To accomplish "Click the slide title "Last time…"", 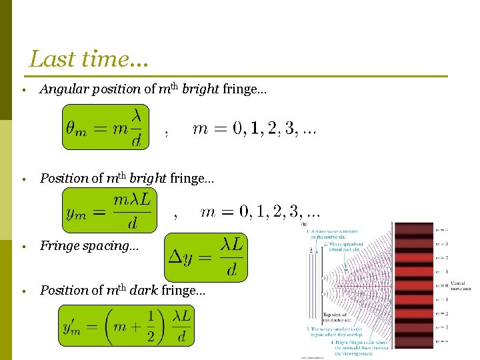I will [89, 59].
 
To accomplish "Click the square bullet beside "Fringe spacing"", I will [23, 246].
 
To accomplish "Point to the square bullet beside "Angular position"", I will [23, 89].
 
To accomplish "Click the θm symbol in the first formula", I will [75, 127].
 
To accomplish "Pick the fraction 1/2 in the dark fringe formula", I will [151, 325].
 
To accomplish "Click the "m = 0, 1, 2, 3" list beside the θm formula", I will [254, 129].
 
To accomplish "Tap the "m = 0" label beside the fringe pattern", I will [440, 285].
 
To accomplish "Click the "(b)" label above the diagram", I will [304, 225].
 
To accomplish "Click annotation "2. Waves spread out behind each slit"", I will [345, 247].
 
